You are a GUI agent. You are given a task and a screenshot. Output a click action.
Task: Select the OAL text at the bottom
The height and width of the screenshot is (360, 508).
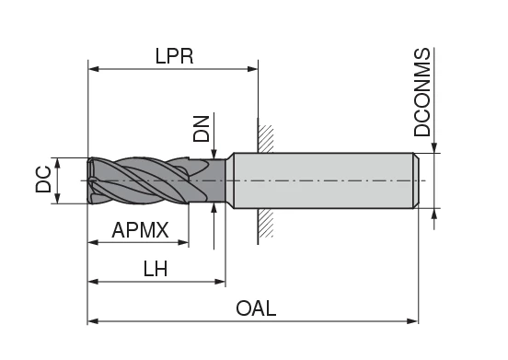(x=256, y=308)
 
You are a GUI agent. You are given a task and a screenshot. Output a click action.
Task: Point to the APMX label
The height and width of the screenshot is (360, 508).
(x=140, y=230)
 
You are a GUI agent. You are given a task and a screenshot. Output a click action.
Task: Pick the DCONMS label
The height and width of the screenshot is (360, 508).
(x=421, y=92)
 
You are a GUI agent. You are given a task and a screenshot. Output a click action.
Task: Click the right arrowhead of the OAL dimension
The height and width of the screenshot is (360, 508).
(x=412, y=321)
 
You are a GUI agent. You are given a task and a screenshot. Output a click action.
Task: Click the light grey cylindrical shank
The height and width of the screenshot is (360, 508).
(x=322, y=180)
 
